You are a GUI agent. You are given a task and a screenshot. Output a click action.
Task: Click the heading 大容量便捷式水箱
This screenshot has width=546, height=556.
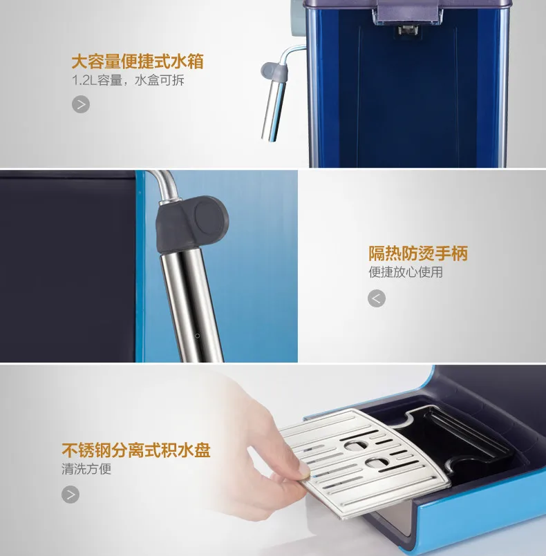[x=138, y=61]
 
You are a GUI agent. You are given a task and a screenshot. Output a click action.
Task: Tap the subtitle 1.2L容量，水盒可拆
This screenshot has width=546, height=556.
[x=128, y=80]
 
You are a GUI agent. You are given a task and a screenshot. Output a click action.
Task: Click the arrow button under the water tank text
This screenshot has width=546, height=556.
[x=81, y=104]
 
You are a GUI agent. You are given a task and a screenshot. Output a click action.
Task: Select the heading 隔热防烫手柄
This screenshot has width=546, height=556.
[x=418, y=253]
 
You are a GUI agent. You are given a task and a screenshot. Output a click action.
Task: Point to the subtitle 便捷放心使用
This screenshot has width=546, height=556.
[x=406, y=272]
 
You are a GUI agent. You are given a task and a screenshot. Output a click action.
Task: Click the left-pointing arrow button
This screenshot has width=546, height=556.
[x=377, y=298]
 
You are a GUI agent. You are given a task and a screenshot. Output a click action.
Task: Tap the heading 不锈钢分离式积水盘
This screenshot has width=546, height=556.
[x=136, y=450]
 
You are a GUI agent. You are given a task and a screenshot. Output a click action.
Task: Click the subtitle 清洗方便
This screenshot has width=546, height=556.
[x=86, y=469]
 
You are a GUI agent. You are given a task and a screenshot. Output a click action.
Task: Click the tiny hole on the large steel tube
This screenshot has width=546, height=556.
[x=198, y=336]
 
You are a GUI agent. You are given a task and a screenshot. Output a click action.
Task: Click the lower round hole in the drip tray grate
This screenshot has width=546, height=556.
[x=377, y=462]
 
